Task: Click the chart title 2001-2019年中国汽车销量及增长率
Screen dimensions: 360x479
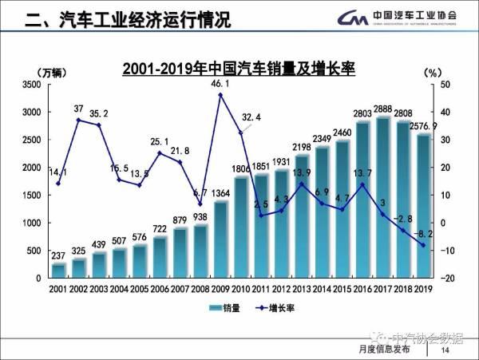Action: coord(238,69)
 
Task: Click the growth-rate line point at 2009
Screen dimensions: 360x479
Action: coord(220,95)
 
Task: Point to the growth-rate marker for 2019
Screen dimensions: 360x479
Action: coord(423,245)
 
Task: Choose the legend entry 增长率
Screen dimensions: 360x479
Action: coord(263,307)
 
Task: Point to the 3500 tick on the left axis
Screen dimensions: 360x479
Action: coord(29,85)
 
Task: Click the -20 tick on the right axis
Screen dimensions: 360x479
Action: coord(446,278)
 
